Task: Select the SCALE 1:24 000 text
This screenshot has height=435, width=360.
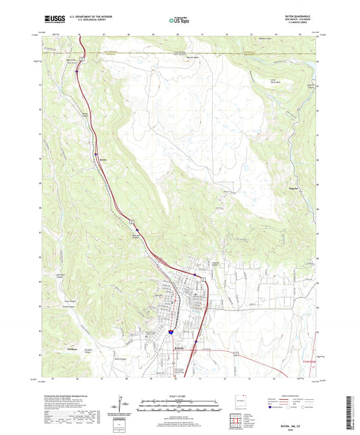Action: coord(179,399)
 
